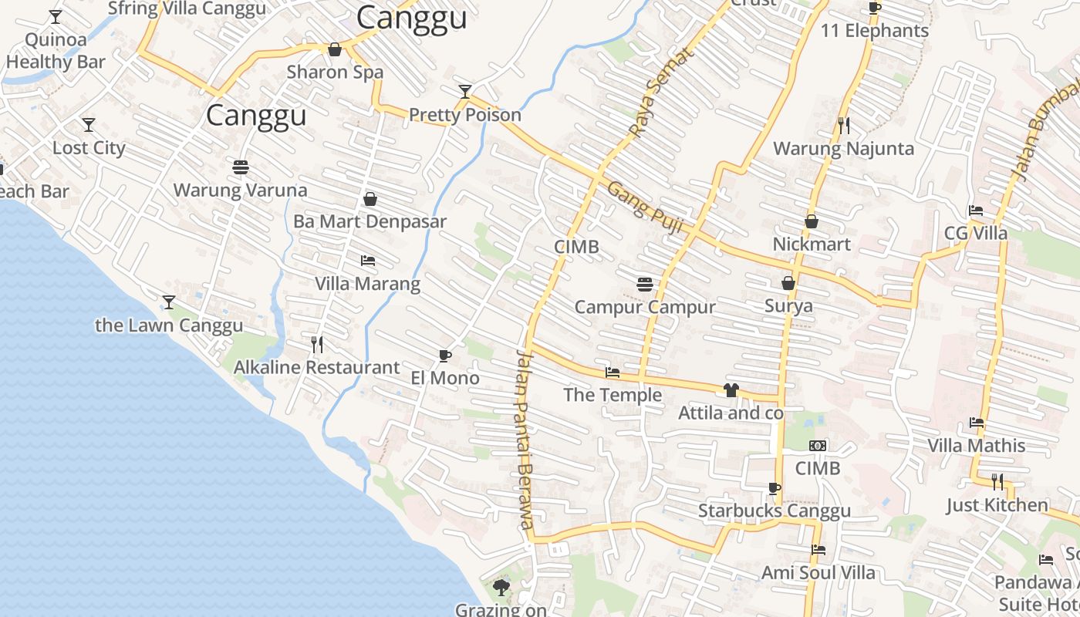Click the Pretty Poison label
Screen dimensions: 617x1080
click(464, 115)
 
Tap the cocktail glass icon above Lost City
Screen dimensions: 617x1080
click(89, 125)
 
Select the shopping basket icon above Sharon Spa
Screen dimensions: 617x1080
click(335, 50)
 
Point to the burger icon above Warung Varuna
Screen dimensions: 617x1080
click(240, 167)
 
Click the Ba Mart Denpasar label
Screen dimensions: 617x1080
click(370, 221)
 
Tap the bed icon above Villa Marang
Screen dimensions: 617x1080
click(368, 261)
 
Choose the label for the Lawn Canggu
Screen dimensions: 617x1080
click(169, 325)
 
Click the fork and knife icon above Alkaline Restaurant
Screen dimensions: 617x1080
click(316, 345)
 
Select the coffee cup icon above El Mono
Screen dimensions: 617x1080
click(444, 356)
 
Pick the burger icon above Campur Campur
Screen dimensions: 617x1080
click(645, 285)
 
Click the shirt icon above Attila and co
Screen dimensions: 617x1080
click(731, 390)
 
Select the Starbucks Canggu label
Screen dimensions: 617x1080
click(774, 511)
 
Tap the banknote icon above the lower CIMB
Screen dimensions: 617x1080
click(818, 446)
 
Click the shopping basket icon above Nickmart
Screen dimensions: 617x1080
click(812, 222)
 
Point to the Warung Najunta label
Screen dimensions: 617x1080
click(843, 148)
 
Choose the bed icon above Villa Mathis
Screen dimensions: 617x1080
click(977, 423)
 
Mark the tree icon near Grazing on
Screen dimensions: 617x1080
click(501, 588)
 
